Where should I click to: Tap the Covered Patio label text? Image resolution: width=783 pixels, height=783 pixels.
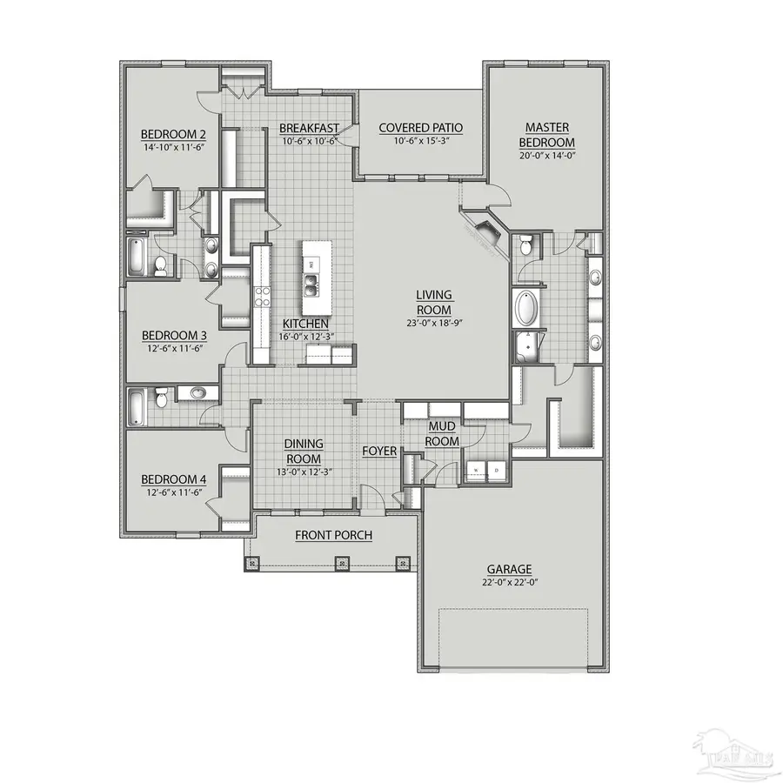tap(420, 128)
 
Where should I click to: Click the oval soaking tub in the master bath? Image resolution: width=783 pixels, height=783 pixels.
tap(528, 309)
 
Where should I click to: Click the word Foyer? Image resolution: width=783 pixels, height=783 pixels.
tap(379, 452)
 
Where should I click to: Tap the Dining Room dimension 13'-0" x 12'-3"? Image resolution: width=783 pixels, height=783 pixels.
tap(303, 472)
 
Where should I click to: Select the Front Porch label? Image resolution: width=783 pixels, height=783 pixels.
tap(333, 535)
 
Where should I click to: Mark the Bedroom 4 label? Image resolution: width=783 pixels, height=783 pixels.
tap(174, 479)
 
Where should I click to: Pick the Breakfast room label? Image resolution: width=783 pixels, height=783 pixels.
tap(309, 128)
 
